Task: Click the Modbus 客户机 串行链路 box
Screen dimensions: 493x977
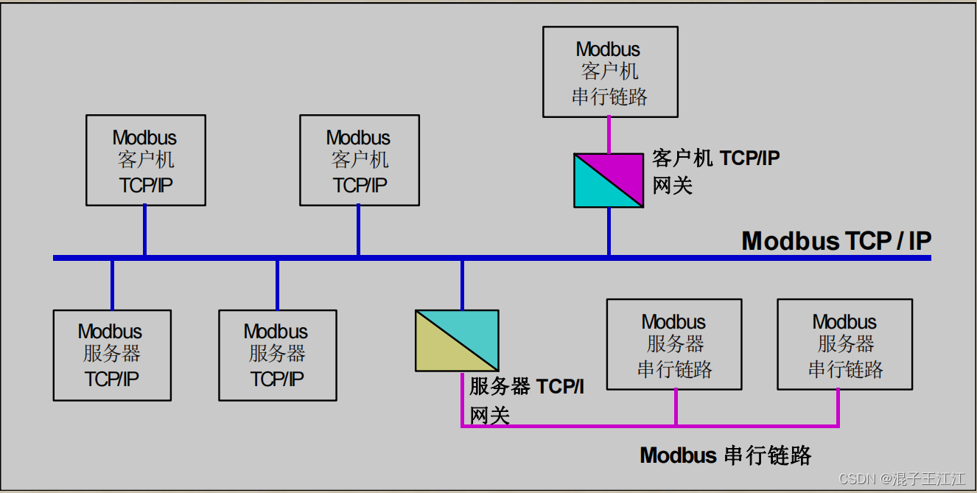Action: click(x=610, y=72)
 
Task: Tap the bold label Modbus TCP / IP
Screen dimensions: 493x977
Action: click(x=836, y=241)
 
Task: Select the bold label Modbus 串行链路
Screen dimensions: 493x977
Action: click(x=725, y=455)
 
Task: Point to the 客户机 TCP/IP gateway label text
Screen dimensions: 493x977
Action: click(x=715, y=158)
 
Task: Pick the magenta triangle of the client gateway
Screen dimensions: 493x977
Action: click(x=620, y=168)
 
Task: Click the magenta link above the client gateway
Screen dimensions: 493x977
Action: click(x=609, y=135)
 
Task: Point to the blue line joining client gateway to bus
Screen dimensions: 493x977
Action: click(x=609, y=231)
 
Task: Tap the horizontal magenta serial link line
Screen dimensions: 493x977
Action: click(x=589, y=426)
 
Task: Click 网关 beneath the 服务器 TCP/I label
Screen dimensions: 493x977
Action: click(x=490, y=415)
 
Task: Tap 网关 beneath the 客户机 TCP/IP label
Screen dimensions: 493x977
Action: click(x=673, y=184)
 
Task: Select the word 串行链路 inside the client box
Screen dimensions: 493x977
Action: click(x=610, y=97)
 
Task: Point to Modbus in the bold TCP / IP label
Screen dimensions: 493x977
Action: click(x=790, y=241)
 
